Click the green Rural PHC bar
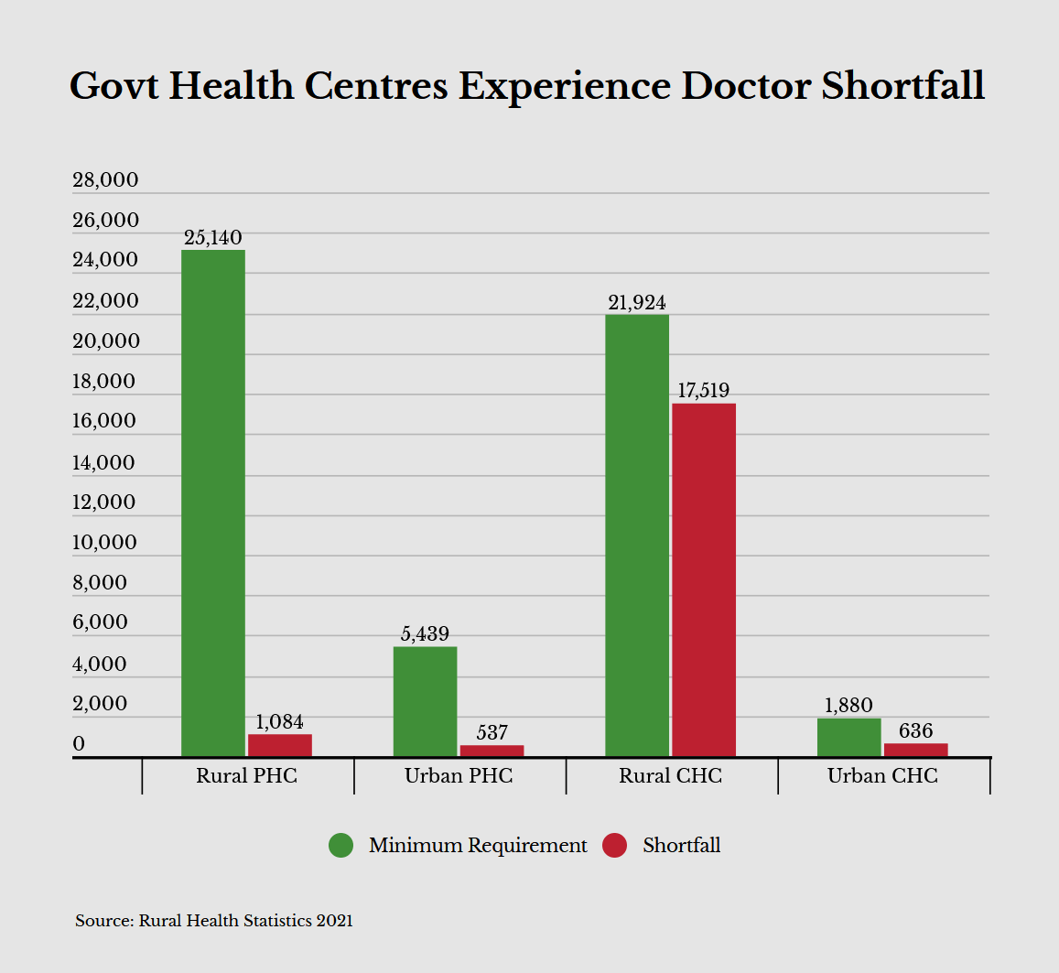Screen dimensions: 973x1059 coord(213,503)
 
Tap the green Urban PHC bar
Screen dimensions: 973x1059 coord(425,701)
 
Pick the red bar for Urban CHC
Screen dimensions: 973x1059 coord(915,750)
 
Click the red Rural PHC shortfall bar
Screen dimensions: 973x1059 coord(280,745)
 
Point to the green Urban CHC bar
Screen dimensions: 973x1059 coord(848,737)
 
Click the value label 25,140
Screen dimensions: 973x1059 coord(213,238)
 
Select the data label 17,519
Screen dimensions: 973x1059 coord(703,391)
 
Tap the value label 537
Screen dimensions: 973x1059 coord(492,733)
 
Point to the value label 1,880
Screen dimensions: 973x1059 coord(848,706)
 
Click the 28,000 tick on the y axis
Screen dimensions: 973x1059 coord(105,180)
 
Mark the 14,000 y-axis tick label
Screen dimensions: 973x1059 coord(103,462)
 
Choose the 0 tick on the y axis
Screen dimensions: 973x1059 coord(79,744)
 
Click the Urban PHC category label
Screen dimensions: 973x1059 coord(459,776)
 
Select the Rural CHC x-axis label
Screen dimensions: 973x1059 coord(670,776)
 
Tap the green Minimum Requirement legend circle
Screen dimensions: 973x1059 coord(340,845)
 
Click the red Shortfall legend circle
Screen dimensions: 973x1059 coord(614,845)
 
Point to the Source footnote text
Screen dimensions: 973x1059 coord(213,921)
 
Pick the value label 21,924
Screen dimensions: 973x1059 coord(636,303)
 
